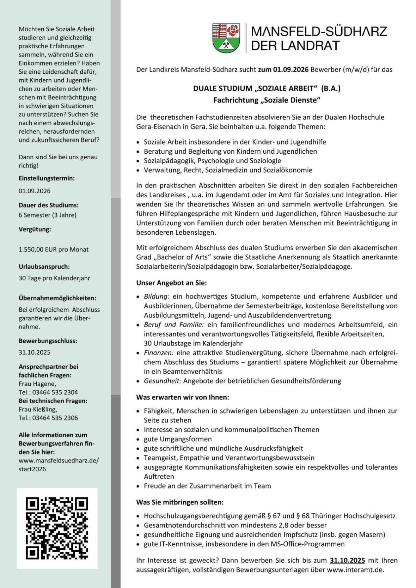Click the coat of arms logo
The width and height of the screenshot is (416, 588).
click(226, 38)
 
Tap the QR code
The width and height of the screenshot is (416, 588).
click(57, 528)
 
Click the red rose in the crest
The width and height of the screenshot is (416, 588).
click(233, 31)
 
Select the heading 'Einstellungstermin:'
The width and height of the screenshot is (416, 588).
click(47, 178)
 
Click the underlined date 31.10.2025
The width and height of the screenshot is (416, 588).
click(347, 561)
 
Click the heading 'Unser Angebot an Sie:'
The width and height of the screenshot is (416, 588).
click(172, 283)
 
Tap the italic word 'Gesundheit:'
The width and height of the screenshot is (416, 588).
click(163, 381)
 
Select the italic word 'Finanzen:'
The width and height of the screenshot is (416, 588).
click(159, 353)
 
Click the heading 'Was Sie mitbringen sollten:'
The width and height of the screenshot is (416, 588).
click(180, 502)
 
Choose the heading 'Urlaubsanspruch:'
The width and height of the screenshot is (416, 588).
click(44, 267)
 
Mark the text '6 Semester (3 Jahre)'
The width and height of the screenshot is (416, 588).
click(48, 215)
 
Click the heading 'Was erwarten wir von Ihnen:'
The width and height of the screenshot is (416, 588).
click(183, 397)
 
